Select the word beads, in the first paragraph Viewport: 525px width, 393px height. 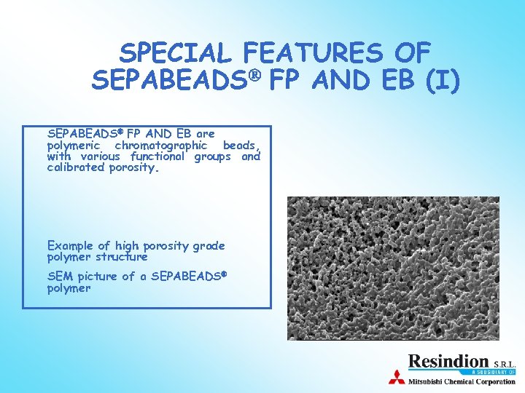[x=241, y=146]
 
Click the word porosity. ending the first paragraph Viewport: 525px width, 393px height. [x=134, y=168]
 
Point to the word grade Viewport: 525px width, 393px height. [x=209, y=246]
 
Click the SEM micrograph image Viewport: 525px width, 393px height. [x=393, y=268]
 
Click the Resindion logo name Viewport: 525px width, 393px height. [x=448, y=361]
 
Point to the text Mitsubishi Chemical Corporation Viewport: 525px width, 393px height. [x=461, y=381]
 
